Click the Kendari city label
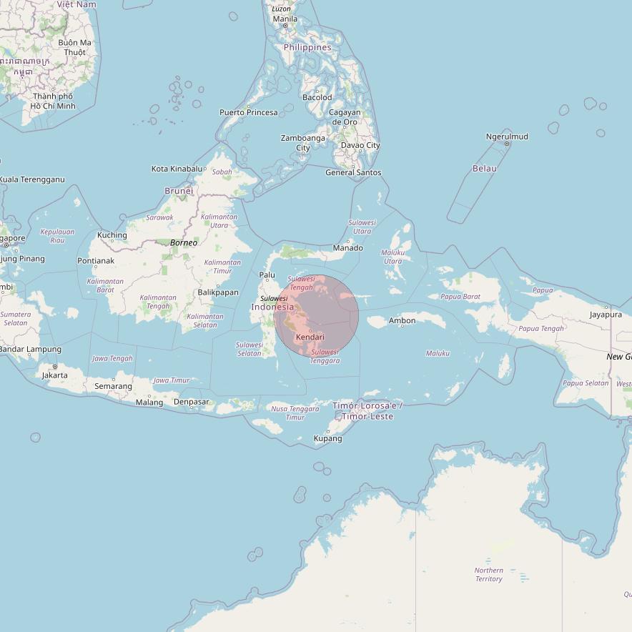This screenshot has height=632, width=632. pyautogui.click(x=310, y=337)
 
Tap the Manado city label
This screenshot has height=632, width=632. pyautogui.click(x=348, y=248)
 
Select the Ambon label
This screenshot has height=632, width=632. pyautogui.click(x=402, y=320)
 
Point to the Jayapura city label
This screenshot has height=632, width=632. pyautogui.click(x=606, y=314)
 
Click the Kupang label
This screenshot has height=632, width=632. pyautogui.click(x=328, y=438)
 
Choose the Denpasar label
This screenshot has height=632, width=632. pyautogui.click(x=192, y=402)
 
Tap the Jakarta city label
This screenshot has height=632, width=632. pyautogui.click(x=55, y=375)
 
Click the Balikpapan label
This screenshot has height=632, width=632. pyautogui.click(x=218, y=292)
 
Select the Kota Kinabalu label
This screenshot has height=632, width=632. pyautogui.click(x=177, y=169)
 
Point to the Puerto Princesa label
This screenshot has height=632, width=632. pyautogui.click(x=248, y=112)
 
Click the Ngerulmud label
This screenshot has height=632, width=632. pyautogui.click(x=507, y=137)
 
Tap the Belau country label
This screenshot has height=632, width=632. pyautogui.click(x=484, y=169)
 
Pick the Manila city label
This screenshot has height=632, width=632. pyautogui.click(x=285, y=19)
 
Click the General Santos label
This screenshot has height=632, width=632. pyautogui.click(x=353, y=172)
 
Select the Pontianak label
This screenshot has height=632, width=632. pyautogui.click(x=96, y=261)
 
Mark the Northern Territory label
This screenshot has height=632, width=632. pyautogui.click(x=489, y=575)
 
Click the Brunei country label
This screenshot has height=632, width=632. pyautogui.click(x=179, y=191)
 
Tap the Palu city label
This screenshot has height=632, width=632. pyautogui.click(x=267, y=275)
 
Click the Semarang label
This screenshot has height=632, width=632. pyautogui.click(x=113, y=386)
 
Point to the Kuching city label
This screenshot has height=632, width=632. pyautogui.click(x=112, y=235)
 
